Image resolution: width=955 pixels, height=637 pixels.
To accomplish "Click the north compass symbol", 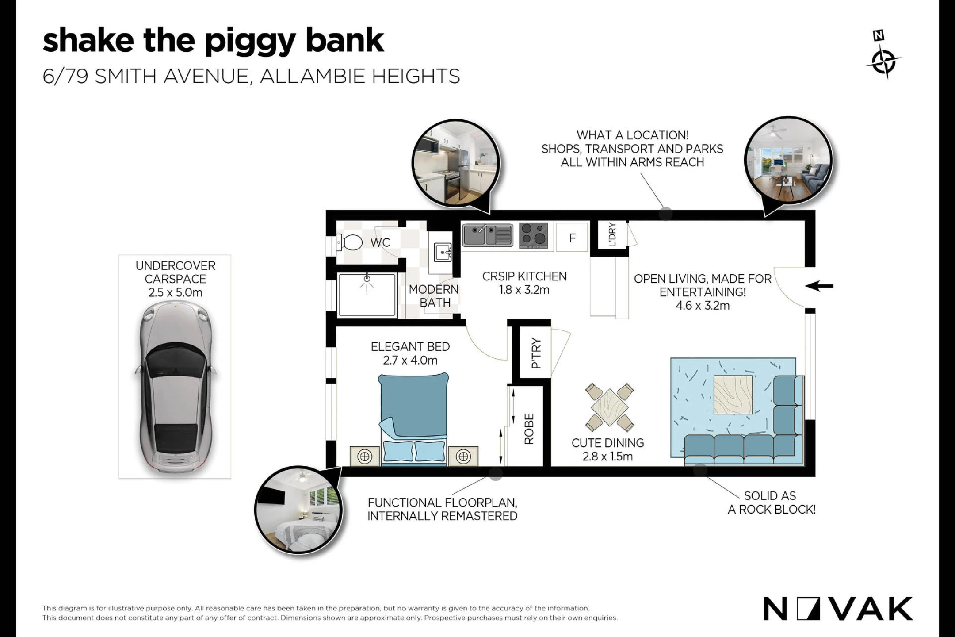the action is tap(883, 55).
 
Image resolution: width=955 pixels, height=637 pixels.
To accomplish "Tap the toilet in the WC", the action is tap(349, 242).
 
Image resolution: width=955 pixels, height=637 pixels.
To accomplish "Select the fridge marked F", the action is tap(572, 238).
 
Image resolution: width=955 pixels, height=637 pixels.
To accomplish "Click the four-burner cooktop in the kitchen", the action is tap(533, 235).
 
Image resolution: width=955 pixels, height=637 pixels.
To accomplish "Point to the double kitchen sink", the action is tap(488, 235).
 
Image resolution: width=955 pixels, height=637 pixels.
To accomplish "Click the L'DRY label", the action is tap(612, 234).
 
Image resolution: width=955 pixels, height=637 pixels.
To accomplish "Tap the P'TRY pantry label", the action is tap(536, 353).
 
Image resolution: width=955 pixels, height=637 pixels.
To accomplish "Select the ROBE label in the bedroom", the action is tap(529, 429).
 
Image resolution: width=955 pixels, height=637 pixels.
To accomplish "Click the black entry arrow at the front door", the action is tap(819, 286).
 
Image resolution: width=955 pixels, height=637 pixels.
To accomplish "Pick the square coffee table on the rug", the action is tap(733, 395).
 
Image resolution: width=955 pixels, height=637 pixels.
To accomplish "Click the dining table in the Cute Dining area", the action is tap(609, 407).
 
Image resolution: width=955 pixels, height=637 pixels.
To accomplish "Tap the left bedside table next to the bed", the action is tap(365, 456).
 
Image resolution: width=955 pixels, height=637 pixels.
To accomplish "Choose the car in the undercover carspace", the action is tap(176, 387).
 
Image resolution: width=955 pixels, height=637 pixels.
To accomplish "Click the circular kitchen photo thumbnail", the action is tap(456, 163).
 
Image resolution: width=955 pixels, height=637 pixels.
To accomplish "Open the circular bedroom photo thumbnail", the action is tap(299, 510).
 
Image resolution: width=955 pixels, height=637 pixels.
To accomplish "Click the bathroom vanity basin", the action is tap(443, 253).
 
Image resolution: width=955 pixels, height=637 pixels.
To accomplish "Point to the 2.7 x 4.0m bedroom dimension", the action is tap(410, 361).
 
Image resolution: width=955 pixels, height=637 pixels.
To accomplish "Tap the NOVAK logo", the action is tap(838, 609).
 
